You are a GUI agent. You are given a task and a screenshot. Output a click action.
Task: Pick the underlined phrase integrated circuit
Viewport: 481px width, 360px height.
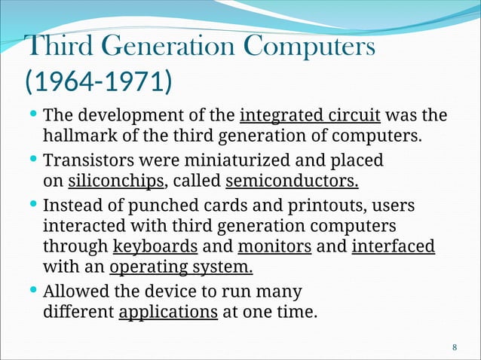[309, 117]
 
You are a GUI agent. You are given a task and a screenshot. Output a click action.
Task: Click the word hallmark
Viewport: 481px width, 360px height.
[75, 137]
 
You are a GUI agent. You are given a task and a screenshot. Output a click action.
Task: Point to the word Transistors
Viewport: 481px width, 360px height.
[86, 161]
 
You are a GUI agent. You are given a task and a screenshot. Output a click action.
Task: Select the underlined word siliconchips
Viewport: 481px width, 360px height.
[116, 182]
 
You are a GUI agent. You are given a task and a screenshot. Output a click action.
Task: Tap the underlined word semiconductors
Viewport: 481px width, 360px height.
[292, 182]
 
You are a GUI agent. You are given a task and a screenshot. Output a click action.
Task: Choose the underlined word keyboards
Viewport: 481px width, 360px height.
[155, 246]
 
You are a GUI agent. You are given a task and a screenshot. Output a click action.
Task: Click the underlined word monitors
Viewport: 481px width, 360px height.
[274, 246]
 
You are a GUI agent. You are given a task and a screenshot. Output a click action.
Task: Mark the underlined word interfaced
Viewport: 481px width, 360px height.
[393, 246]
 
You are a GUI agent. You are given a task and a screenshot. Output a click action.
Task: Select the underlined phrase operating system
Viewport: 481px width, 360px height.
[181, 267]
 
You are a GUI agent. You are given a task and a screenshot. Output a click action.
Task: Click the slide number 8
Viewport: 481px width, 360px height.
[454, 347]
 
